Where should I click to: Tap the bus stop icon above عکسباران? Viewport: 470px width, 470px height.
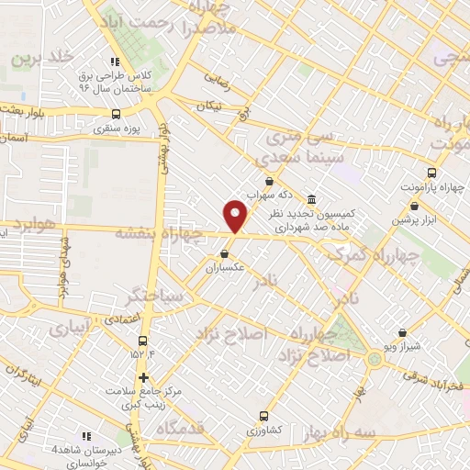225,254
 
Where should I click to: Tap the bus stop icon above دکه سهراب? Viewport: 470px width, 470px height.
269,181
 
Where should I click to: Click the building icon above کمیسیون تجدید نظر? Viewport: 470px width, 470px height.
312,199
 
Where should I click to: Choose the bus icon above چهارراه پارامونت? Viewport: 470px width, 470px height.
432,172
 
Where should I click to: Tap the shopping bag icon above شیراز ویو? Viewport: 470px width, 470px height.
402,333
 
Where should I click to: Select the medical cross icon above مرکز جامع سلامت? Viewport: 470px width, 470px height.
142,376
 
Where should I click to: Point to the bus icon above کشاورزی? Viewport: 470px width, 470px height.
265,415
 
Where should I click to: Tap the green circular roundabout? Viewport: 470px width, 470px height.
374,360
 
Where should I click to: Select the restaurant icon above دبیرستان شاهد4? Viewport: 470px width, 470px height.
86,435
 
